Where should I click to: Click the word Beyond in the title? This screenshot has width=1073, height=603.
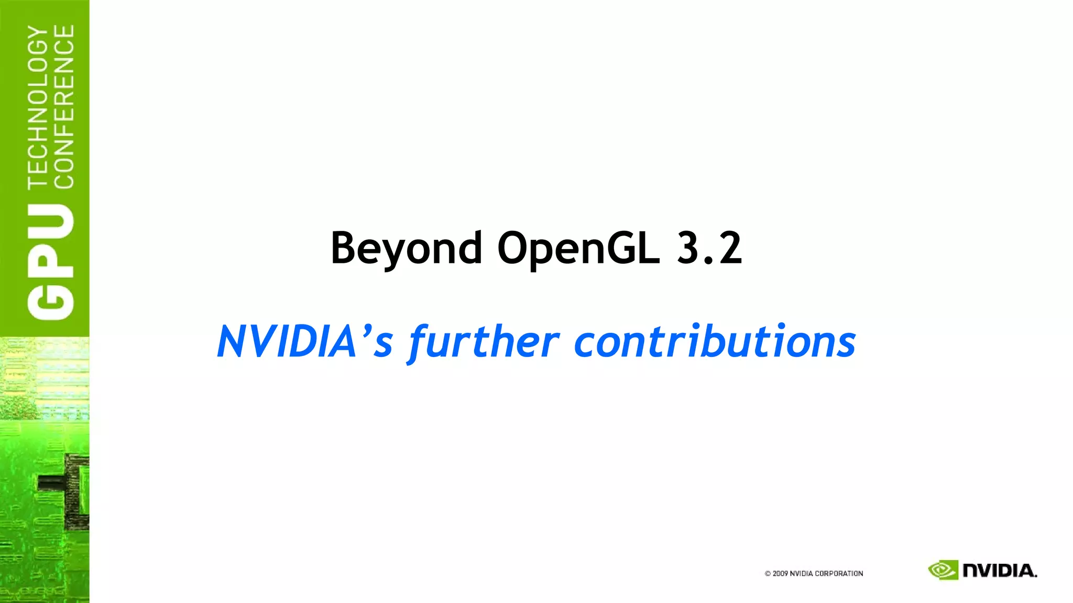406,249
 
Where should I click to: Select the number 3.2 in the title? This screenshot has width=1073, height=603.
709,248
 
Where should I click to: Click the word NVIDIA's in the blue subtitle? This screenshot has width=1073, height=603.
304,342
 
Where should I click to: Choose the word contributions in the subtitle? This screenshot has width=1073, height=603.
715,342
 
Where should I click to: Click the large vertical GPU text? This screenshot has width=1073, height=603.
51,262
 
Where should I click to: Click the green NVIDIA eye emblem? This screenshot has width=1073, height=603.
943,570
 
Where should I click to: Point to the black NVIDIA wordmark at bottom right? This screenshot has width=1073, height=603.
1000,571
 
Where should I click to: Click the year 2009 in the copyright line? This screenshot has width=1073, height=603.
780,574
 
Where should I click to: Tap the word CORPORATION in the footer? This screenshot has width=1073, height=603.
839,574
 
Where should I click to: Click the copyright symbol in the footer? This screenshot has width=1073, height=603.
768,574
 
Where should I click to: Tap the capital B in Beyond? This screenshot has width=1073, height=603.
343,248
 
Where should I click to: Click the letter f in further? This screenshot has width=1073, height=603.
419,343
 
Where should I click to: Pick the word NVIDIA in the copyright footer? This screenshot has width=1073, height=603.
802,574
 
